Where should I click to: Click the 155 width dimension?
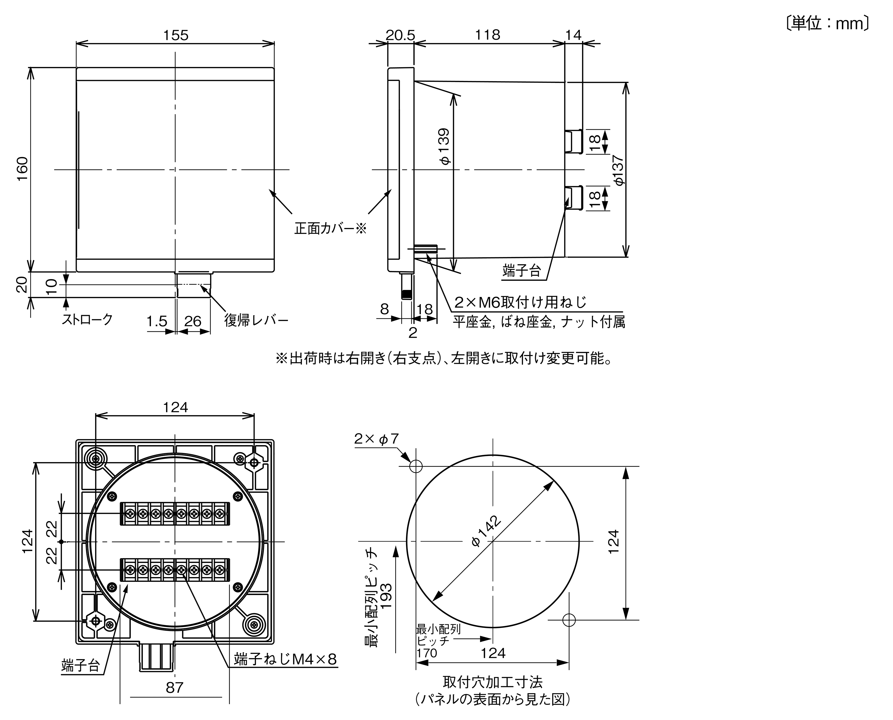(176, 35)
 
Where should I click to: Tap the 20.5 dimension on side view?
(400, 35)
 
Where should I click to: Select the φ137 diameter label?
(618, 170)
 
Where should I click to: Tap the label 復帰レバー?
(256, 320)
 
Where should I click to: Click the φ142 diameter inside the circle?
(486, 531)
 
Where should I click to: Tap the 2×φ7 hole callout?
(376, 439)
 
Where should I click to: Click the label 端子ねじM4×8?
(285, 659)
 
